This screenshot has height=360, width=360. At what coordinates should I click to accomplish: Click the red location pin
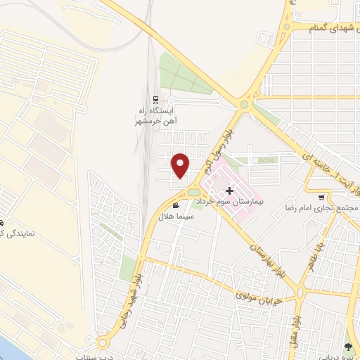pos(181,165)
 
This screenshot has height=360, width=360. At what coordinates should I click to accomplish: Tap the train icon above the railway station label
pos(155,99)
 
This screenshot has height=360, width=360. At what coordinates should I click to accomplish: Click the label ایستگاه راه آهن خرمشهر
pos(157,116)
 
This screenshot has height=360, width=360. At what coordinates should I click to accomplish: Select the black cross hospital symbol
pos(229,190)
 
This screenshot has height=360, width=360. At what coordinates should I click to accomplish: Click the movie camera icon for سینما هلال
pos(175,205)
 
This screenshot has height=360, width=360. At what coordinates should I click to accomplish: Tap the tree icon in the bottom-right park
pos(347,346)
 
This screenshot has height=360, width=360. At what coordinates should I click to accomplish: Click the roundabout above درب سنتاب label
pos(103,342)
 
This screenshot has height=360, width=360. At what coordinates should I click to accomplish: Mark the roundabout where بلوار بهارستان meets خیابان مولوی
pos(300,292)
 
